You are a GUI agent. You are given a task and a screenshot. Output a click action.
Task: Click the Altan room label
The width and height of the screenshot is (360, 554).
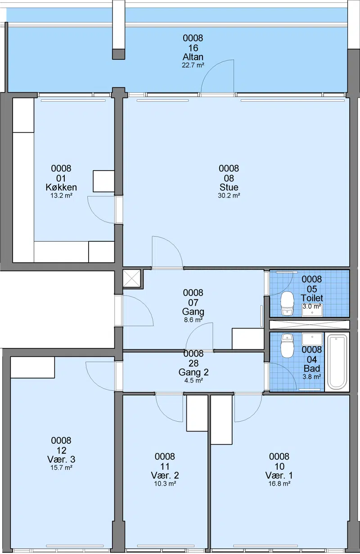tap(193, 57)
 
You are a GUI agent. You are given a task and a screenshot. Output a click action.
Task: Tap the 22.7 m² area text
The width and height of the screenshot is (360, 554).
tap(193, 65)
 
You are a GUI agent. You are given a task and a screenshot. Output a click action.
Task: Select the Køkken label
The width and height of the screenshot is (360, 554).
tap(61, 187)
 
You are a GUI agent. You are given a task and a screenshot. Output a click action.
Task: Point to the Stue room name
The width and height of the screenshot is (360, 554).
tap(229, 187)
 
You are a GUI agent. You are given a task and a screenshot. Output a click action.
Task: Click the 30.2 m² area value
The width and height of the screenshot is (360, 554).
tap(229, 196)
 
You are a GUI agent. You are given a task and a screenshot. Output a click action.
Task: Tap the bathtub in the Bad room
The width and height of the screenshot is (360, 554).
tap(337, 362)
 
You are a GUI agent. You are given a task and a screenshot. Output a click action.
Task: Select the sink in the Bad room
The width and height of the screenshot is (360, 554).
tap(312, 339)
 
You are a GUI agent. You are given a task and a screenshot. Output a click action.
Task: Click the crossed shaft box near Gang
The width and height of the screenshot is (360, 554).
tap(131, 279)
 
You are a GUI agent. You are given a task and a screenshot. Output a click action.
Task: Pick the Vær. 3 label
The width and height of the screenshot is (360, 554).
tap(61, 459)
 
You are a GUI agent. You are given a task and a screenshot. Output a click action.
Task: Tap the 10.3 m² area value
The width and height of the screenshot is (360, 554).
tap(165, 483)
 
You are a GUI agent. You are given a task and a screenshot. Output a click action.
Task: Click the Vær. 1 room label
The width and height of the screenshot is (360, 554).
tap(279, 475)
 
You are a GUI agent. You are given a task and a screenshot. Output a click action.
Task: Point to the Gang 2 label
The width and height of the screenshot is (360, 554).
tap(193, 372)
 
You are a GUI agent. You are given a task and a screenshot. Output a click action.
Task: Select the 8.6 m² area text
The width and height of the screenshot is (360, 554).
tap(193, 320)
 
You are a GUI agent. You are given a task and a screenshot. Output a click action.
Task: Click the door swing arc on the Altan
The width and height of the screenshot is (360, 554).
tap(211, 68)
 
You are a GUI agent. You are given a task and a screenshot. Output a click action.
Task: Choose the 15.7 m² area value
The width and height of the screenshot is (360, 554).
tap(61, 468)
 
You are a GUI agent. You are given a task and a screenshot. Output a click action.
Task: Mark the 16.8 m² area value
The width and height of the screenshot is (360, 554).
tap(279, 483)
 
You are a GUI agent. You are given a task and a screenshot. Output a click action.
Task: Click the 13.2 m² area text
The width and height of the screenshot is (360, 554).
tap(61, 196)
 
